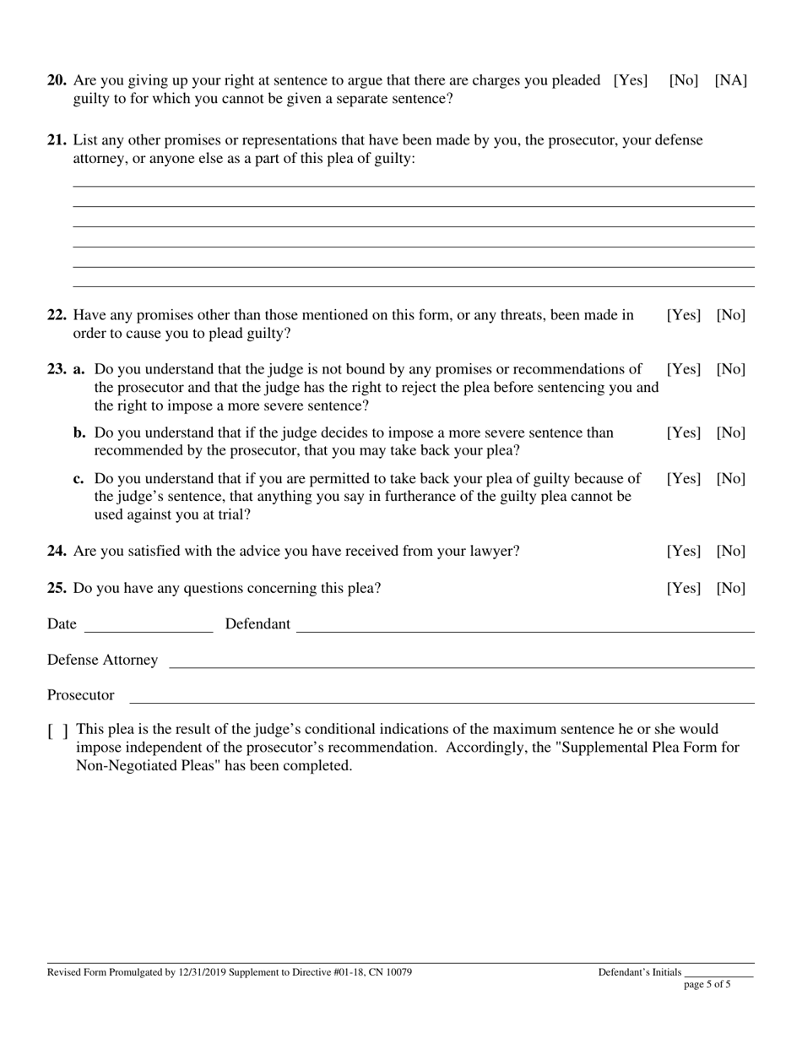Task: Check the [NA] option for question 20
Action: [730, 81]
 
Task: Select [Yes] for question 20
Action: [631, 81]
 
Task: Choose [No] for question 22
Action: [730, 316]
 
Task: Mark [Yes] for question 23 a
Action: [684, 370]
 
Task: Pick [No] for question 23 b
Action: [730, 433]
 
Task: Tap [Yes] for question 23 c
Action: [684, 479]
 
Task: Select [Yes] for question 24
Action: [684, 552]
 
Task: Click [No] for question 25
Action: [730, 589]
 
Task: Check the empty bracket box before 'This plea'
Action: [58, 731]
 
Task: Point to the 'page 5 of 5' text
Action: [707, 984]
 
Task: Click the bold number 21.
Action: [57, 140]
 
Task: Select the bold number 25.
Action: [57, 589]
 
